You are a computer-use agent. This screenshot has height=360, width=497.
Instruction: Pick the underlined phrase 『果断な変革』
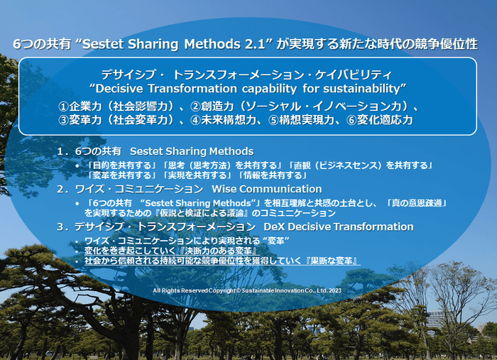[x=332, y=261]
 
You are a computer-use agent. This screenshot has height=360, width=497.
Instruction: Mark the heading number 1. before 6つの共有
[x=62, y=151]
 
